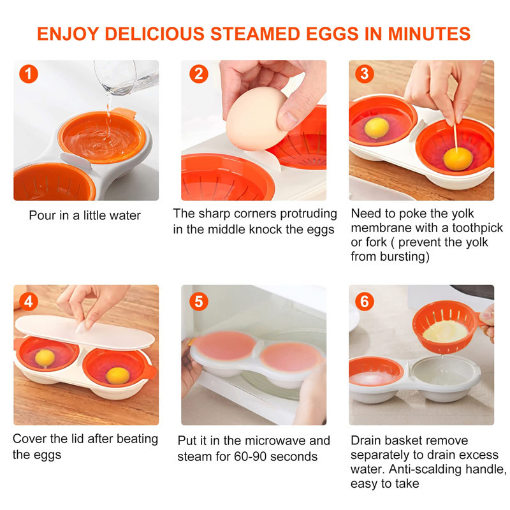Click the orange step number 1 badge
pos(29,74)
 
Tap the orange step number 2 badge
pos(199,74)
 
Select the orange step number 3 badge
pos(364,74)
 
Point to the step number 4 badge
pos(29,302)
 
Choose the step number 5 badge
pos(199,302)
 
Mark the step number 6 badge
pos(364,302)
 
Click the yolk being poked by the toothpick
pos(458,159)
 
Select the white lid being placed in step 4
pos(85,331)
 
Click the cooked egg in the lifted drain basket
pos(445,331)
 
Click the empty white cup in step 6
pos(445,371)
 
